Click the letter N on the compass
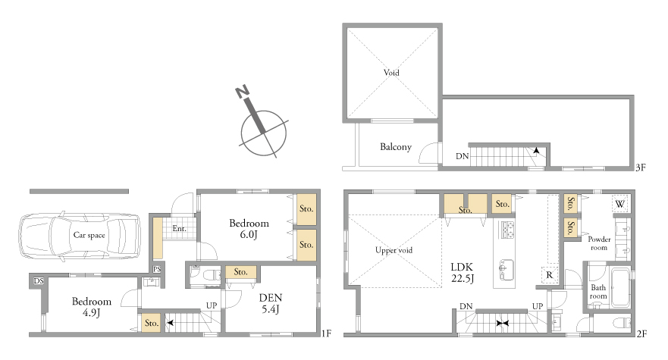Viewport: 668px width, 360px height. click(242, 92)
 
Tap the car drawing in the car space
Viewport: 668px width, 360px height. click(80, 236)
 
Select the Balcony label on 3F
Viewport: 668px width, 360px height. click(396, 147)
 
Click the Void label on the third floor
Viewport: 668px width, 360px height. click(391, 73)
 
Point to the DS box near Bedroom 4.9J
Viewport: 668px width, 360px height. click(39, 280)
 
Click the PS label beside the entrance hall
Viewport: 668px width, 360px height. click(157, 269)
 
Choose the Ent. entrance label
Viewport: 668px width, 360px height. click(180, 229)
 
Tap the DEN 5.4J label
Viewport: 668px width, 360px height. click(271, 303)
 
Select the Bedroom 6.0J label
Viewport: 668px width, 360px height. click(249, 229)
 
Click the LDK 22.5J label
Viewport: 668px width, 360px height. click(463, 273)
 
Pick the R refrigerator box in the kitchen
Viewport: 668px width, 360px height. click(549, 275)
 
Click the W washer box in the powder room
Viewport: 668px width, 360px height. click(620, 204)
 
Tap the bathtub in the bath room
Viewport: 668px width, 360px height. click(620, 287)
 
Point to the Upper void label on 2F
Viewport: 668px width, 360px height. click(394, 250)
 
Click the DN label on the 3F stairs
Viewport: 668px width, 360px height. click(463, 156)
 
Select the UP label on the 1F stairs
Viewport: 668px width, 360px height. click(212, 305)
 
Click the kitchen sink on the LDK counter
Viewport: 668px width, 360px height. click(506, 270)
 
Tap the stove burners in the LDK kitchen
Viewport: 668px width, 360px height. click(507, 230)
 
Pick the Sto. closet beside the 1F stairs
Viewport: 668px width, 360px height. click(151, 323)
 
